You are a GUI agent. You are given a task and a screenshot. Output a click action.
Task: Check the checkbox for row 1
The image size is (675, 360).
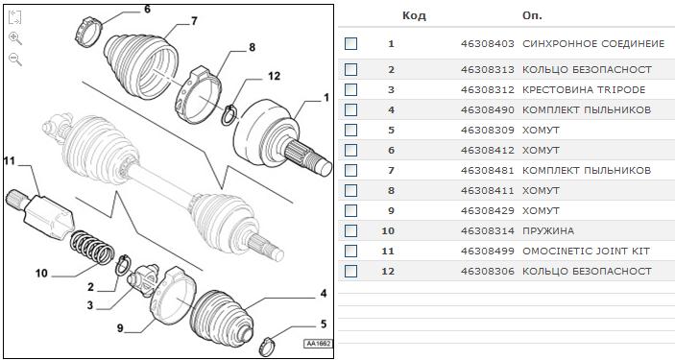[x=350, y=44]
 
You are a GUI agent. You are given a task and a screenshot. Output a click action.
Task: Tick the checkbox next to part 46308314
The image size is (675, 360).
[x=350, y=230]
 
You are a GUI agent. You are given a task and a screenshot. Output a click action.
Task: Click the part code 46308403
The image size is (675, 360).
[x=488, y=44]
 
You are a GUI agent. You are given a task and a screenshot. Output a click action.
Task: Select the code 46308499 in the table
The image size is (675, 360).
[x=488, y=252]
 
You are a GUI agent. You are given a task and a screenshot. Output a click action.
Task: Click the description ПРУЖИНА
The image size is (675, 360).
[x=548, y=230]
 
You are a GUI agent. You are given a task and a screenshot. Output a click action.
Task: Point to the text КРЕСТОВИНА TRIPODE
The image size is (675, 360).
[x=584, y=90]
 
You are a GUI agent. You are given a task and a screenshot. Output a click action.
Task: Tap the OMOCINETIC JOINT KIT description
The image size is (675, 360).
[x=586, y=252]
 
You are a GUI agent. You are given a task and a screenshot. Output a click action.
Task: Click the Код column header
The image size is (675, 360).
[x=414, y=16]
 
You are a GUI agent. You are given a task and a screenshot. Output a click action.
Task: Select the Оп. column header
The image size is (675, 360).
[x=532, y=16]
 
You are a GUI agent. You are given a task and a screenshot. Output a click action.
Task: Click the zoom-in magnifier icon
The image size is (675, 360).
[x=15, y=38]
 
